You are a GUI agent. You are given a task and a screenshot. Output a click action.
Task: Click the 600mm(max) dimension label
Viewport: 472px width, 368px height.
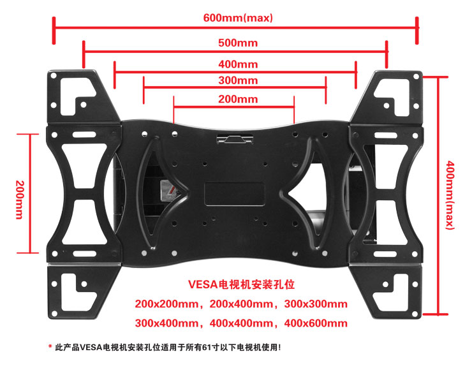tap(238, 18)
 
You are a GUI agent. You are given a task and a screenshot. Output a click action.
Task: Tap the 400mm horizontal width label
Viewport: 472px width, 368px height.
tap(237, 64)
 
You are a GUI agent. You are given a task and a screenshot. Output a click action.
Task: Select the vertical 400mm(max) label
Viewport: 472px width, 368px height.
tap(450, 195)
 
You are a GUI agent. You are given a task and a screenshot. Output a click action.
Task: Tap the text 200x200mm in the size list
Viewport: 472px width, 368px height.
tap(164, 304)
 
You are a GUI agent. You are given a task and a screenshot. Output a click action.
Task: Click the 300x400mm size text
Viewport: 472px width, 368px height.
tap(164, 323)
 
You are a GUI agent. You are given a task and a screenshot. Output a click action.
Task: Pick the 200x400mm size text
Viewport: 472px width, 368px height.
tap(240, 304)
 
